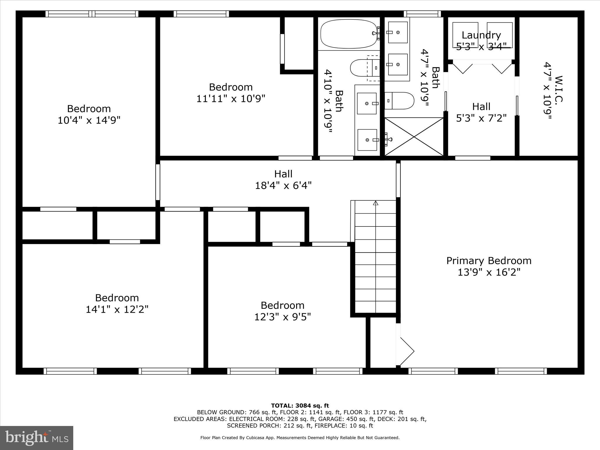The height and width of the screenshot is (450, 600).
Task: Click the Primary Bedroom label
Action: (489, 261)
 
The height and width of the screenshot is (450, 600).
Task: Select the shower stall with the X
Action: (414, 137)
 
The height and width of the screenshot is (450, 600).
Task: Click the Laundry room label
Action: (481, 35)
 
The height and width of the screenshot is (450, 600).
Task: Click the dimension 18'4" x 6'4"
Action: (283, 185)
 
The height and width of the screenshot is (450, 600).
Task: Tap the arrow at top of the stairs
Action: (376, 203)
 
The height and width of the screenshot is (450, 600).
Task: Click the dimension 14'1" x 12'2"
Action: (117, 310)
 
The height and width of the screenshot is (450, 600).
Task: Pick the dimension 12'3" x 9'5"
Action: (282, 317)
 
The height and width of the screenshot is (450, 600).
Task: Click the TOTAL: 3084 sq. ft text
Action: (300, 406)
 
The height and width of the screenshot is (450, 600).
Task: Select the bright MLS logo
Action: (37, 438)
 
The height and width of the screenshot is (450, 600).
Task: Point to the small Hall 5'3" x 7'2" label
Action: (481, 112)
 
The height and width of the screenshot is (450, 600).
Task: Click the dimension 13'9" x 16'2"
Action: (489, 272)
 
